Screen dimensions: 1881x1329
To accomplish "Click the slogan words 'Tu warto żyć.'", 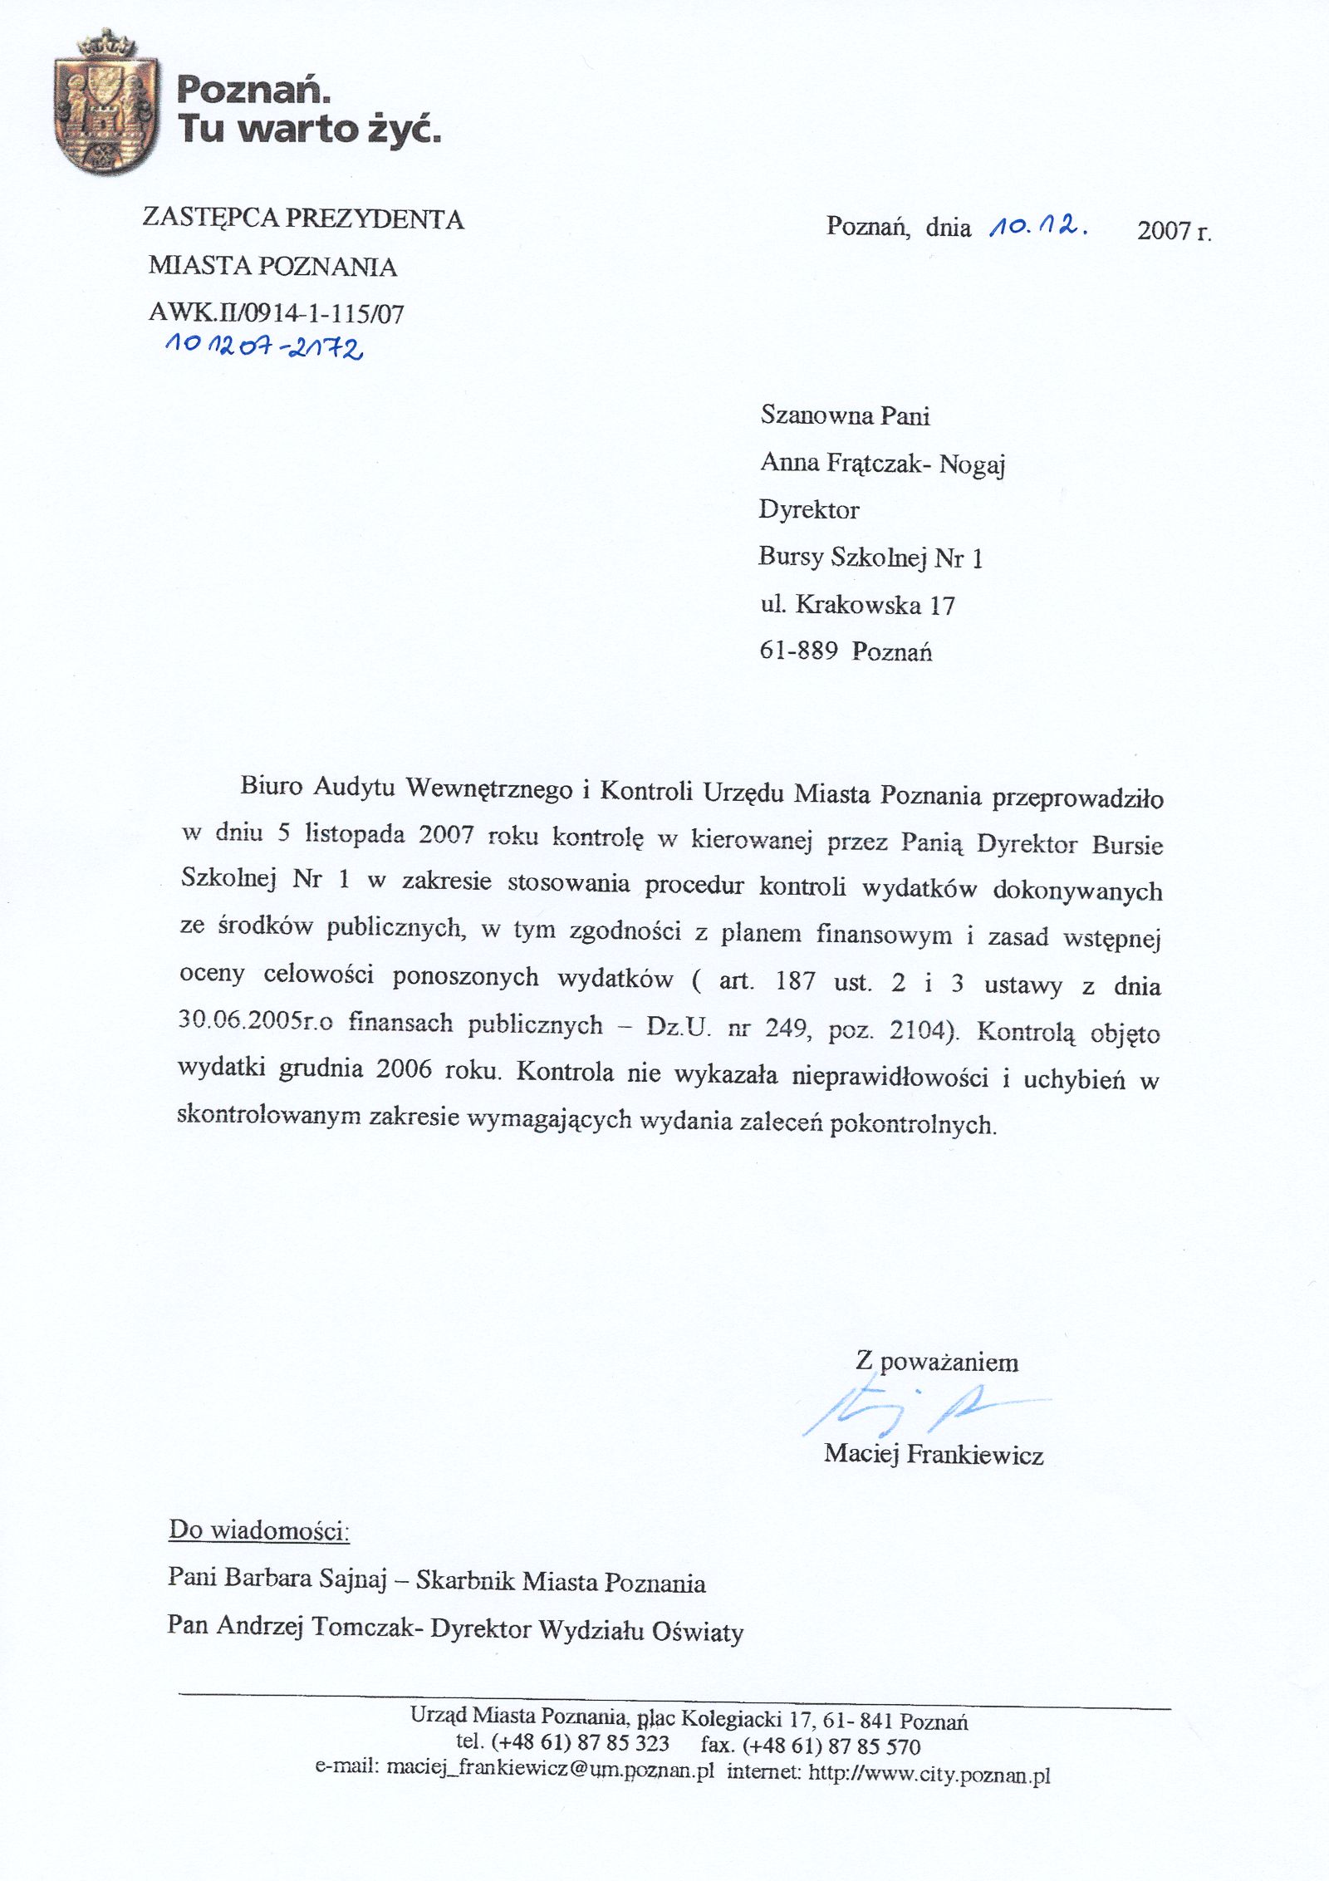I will tap(308, 129).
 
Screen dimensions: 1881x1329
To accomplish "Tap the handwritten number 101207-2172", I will tap(264, 346).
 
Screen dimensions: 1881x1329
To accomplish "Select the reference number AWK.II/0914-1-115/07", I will tap(277, 313).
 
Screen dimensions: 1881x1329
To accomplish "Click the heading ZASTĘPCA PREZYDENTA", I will tap(303, 218).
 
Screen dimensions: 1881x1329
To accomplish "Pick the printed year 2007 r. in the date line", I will tap(1174, 230).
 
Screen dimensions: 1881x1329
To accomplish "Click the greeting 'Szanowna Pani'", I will tap(845, 415).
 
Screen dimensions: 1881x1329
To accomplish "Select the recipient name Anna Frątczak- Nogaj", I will tap(882, 463).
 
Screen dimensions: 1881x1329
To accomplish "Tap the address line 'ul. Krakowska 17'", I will tap(857, 604).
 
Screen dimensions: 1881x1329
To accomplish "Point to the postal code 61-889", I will tap(798, 651).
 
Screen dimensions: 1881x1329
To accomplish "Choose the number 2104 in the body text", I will tap(919, 1030).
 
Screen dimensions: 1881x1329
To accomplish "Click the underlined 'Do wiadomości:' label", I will tap(259, 1530).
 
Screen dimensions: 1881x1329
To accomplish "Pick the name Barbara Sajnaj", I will tap(306, 1577).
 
